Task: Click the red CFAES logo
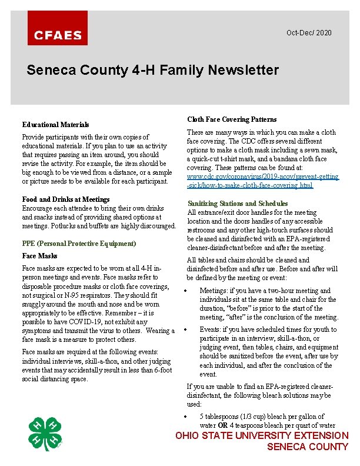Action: (x=58, y=28)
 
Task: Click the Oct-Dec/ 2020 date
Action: (x=309, y=32)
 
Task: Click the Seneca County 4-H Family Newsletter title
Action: (x=152, y=71)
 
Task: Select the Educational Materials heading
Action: (x=55, y=125)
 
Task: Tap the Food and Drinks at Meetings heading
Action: (x=66, y=199)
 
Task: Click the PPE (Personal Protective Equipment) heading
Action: (x=79, y=244)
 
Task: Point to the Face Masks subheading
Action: (x=39, y=256)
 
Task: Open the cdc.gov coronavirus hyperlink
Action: (x=262, y=181)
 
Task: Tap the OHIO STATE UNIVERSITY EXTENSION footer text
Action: (x=262, y=435)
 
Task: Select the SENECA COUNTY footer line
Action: (x=308, y=447)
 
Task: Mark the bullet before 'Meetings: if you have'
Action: (x=186, y=291)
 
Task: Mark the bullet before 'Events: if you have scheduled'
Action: (x=186, y=329)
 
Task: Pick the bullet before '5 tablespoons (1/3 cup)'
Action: (x=186, y=417)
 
